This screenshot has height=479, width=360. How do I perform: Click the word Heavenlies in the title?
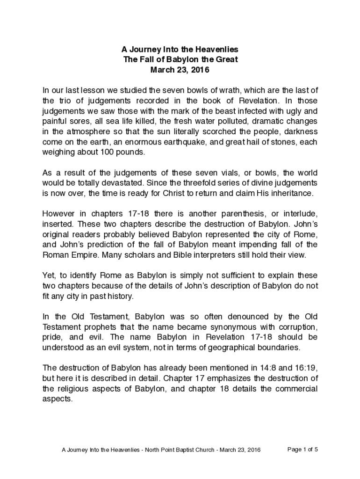pyautogui.click(x=217, y=49)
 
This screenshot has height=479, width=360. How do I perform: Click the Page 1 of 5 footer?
pyautogui.click(x=302, y=450)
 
